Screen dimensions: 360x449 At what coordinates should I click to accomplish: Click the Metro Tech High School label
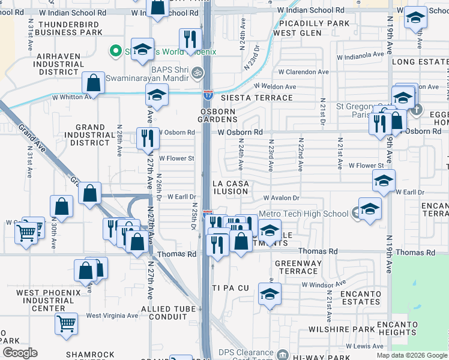(304, 214)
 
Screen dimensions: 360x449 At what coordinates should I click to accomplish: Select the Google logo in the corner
(20, 352)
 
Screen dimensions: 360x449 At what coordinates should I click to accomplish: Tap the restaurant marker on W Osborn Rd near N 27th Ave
(146, 138)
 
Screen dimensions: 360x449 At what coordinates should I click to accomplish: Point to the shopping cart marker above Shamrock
(66, 323)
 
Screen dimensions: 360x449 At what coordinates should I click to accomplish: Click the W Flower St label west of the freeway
(176, 158)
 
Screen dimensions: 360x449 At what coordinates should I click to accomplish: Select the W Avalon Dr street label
(280, 198)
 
